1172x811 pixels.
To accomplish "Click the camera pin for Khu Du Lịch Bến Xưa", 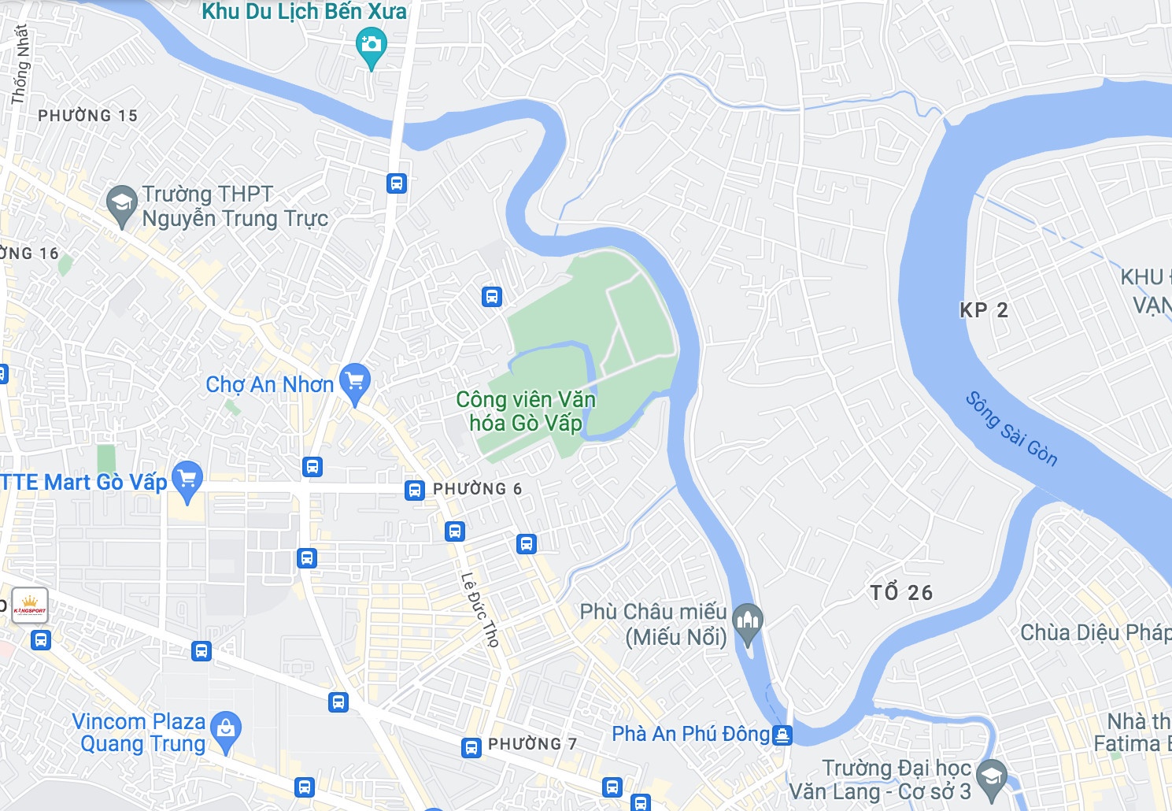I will tap(371, 44).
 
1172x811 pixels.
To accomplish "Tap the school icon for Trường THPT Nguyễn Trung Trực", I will tap(122, 203).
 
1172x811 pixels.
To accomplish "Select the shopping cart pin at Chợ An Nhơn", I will tap(355, 382).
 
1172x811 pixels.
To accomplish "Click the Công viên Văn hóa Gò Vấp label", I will tap(525, 411).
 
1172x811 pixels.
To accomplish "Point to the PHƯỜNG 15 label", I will tap(87, 116).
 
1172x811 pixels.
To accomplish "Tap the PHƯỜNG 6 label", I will tap(477, 489).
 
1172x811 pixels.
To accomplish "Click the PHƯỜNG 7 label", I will tap(532, 744).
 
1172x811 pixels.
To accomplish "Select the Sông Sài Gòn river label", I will tap(1011, 429).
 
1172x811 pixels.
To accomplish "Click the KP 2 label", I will tap(984, 310).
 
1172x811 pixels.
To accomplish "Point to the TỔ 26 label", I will tap(901, 593).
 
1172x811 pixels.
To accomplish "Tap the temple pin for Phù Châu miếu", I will tap(748, 621).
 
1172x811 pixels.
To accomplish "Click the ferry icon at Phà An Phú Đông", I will tap(782, 735).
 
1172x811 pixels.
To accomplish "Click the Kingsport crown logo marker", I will tap(30, 605).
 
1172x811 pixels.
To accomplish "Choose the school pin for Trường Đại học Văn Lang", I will tap(992, 777).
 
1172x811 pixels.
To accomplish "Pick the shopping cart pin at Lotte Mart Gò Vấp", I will tap(187, 479).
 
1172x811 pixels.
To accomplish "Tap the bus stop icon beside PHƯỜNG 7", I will tap(471, 747).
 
